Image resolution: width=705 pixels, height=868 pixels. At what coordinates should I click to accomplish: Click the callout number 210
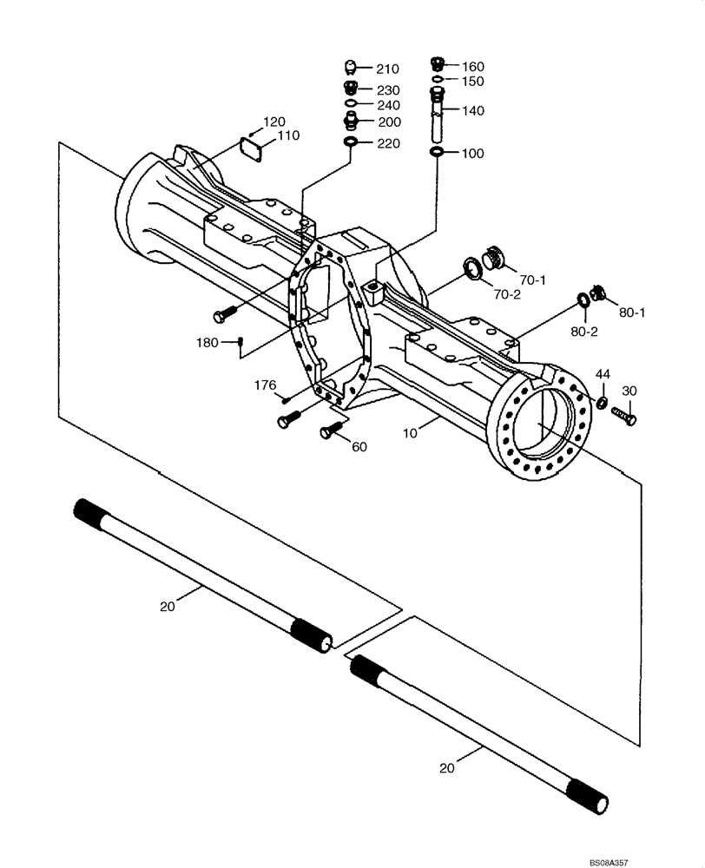pos(387,69)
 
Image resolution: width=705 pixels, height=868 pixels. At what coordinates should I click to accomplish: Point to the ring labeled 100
pos(437,153)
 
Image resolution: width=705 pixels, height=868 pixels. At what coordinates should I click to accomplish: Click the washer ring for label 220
pos(351,142)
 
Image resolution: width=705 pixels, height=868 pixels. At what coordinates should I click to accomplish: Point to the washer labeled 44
pos(600,402)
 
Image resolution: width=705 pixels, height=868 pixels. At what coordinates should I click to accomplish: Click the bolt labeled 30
pos(624,415)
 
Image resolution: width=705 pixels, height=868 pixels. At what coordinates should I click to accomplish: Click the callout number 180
pos(207,343)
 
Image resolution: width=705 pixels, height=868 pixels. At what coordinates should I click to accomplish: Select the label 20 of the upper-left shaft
pos(168,606)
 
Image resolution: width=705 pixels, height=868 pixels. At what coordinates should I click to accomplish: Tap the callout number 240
pos(387,105)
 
